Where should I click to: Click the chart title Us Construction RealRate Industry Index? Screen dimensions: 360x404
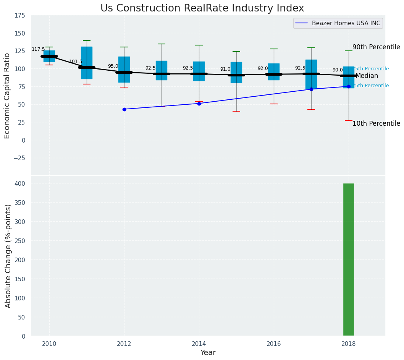202,8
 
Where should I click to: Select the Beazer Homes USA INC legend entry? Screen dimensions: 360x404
346,23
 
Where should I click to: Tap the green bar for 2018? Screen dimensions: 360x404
348,259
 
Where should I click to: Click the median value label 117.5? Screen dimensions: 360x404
38,49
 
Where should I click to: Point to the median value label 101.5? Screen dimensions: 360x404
76,62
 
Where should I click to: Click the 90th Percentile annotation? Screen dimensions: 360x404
376,47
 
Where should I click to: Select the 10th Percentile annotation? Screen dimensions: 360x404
376,123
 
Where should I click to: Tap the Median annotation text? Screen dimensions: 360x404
367,76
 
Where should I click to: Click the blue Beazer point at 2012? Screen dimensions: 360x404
124,109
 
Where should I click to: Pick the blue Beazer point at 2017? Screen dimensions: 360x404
311,89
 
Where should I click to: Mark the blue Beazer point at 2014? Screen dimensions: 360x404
199,104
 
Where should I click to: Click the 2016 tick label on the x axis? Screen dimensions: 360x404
273,344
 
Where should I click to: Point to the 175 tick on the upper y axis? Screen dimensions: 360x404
20,16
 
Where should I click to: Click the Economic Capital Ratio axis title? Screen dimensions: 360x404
7,96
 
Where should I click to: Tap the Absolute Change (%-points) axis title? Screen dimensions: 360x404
8,256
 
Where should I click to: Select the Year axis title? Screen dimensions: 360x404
208,353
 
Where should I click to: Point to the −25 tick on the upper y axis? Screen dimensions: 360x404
18,158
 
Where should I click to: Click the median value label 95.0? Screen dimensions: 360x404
113,66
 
